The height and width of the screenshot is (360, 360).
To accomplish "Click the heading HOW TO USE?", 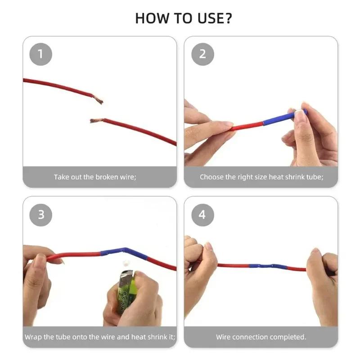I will [x=184, y=18].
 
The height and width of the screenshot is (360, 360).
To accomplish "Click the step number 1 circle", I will [x=40, y=54].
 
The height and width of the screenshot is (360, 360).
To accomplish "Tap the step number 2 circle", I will [x=202, y=54].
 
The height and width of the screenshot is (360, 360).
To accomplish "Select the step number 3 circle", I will [x=41, y=215].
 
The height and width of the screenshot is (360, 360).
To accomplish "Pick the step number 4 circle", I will [x=202, y=215].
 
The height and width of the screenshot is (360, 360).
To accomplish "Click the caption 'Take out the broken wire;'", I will [x=95, y=177].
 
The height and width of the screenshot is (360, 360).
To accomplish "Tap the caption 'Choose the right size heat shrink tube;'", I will [x=261, y=177].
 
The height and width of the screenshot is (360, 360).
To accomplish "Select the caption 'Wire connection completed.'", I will [x=261, y=337].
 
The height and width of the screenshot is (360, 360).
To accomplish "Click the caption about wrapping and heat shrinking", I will [x=100, y=337].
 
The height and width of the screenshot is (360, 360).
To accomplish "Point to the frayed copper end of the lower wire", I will [x=94, y=121].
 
